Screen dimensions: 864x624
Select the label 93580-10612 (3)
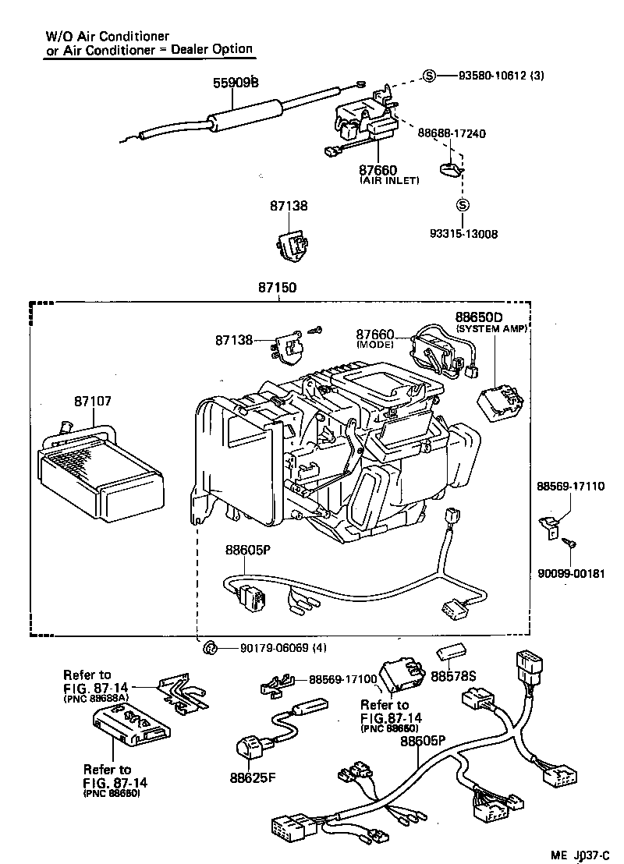pyautogui.click(x=501, y=76)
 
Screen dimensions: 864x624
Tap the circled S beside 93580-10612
pyautogui.click(x=430, y=76)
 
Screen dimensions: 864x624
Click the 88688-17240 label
pyautogui.click(x=452, y=133)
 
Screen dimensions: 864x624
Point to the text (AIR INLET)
pyautogui.click(x=389, y=180)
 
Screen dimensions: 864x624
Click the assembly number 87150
pyautogui.click(x=278, y=287)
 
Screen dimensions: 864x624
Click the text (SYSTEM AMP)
pyautogui.click(x=491, y=328)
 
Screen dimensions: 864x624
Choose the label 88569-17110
pyautogui.click(x=570, y=486)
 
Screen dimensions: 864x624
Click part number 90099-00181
pyautogui.click(x=571, y=573)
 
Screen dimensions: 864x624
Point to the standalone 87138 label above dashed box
pyautogui.click(x=289, y=206)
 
